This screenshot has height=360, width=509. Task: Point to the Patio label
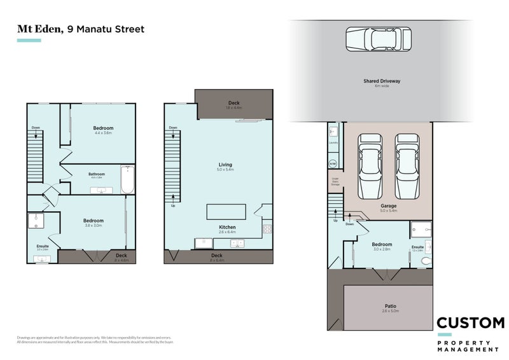tap(390, 305)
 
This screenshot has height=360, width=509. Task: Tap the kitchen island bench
tap(226, 212)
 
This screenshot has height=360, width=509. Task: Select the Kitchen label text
tap(227, 227)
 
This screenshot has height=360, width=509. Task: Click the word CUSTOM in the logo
tap(470, 323)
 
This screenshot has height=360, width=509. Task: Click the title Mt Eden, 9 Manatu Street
tap(80, 29)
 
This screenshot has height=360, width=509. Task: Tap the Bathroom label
tap(97, 174)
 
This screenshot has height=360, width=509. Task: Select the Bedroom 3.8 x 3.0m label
tap(94, 221)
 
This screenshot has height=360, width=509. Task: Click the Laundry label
tap(333, 143)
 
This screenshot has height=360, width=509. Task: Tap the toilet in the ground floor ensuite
tap(426, 260)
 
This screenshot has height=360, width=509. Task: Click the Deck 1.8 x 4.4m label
tap(234, 103)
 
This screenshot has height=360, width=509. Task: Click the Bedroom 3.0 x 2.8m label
tap(382, 244)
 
